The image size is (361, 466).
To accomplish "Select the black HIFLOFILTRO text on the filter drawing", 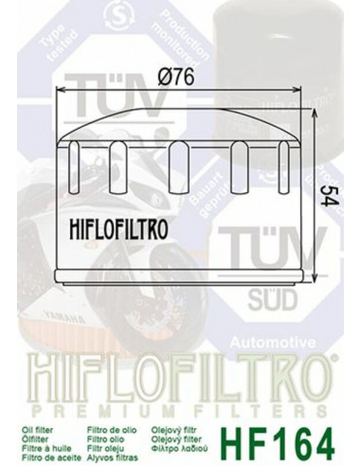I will pos(117,225).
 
